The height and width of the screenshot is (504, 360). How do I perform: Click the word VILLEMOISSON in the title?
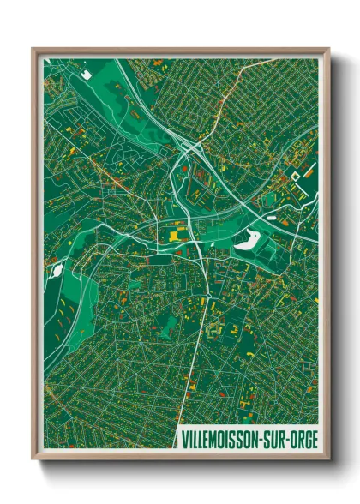click(223, 439)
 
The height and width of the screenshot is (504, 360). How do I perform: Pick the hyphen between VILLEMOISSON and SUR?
click(264, 439)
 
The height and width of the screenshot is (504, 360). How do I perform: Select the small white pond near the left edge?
click(58, 272)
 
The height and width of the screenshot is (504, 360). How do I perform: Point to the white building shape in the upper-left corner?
click(87, 74)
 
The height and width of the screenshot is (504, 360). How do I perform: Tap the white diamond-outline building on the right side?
click(297, 177)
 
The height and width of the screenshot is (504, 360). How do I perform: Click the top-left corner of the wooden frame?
click(33, 50)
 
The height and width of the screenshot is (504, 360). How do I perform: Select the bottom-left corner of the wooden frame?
click(33, 459)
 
